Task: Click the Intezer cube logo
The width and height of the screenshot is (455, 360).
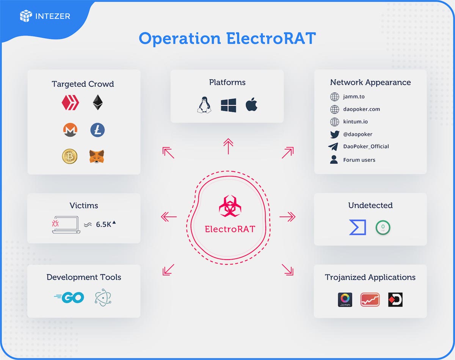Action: coord(26,16)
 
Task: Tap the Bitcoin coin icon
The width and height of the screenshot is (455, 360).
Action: coord(69,157)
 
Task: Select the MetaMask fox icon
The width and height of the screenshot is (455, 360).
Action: coord(97,157)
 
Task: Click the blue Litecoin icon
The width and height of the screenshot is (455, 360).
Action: coord(97,130)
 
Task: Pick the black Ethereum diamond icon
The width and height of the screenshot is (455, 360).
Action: coord(98,102)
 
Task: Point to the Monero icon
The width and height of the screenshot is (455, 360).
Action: coord(70,130)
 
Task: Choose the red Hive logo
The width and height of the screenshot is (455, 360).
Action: coord(70,103)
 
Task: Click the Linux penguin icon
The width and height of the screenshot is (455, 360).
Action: coord(204,105)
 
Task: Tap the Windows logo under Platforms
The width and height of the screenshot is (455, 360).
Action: coord(228,105)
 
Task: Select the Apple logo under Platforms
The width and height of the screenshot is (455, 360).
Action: coord(251,104)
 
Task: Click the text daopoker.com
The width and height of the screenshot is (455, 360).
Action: coord(362,109)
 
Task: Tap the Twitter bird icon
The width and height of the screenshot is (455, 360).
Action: coord(335,135)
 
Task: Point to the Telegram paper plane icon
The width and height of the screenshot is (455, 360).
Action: coord(333,147)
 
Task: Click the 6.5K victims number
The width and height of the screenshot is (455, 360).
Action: coord(104,224)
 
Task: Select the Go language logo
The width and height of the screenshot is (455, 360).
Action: coord(69,297)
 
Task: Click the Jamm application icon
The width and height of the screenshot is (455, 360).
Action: coord(345,299)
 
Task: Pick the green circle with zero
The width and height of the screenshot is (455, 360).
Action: coord(383,227)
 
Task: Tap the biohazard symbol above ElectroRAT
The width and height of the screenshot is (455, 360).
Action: coord(230,206)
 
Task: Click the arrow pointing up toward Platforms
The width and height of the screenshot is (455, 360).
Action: coord(228,146)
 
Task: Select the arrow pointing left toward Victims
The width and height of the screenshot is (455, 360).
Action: coord(169,217)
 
